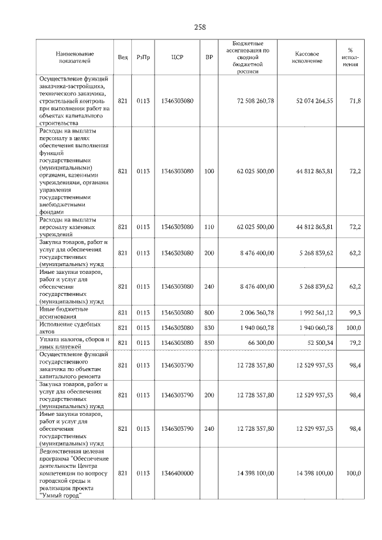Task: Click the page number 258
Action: tap(200, 27)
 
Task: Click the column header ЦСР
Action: tap(177, 57)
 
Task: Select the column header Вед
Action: tap(122, 57)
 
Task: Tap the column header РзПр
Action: tap(143, 57)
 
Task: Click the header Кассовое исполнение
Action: tap(307, 57)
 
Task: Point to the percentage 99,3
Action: tap(355, 313)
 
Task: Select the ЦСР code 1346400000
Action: tap(177, 473)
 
